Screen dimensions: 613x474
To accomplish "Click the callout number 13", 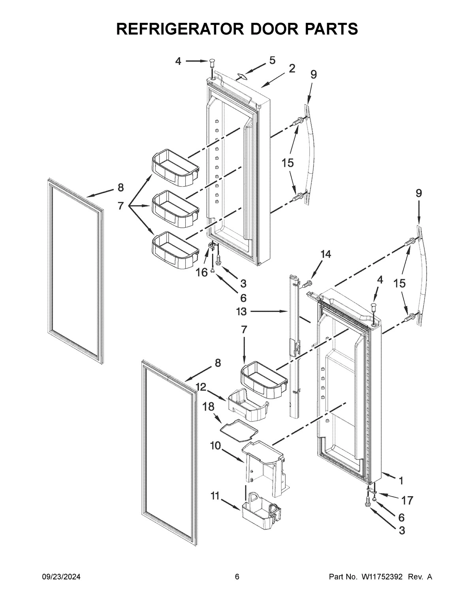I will [241, 312].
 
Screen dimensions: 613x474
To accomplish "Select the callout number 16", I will [201, 273].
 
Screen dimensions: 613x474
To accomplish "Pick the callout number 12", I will [201, 387].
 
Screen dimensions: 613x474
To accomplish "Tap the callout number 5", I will [273, 60].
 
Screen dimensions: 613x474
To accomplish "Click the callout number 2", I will [292, 69].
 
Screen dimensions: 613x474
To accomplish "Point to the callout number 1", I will [401, 481].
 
